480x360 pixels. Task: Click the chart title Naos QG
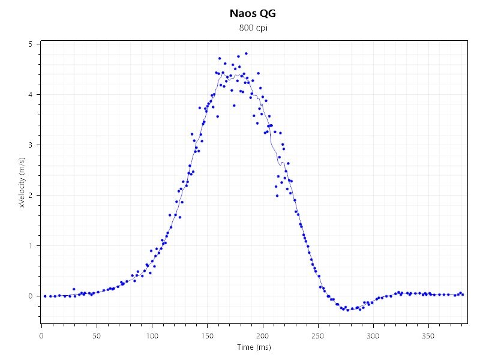click(253, 13)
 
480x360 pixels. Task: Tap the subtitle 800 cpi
click(253, 28)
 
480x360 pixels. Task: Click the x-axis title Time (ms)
click(253, 347)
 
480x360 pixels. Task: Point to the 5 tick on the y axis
click(31, 44)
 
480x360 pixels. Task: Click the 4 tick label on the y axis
click(31, 95)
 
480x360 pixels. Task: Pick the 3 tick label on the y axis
click(31, 145)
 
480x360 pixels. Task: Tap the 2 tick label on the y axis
click(31, 196)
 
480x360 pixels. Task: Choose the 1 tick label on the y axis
click(31, 246)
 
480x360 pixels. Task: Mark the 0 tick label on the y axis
click(31, 296)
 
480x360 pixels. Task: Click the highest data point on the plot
click(246, 53)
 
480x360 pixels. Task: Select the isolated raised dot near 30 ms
click(74, 289)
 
